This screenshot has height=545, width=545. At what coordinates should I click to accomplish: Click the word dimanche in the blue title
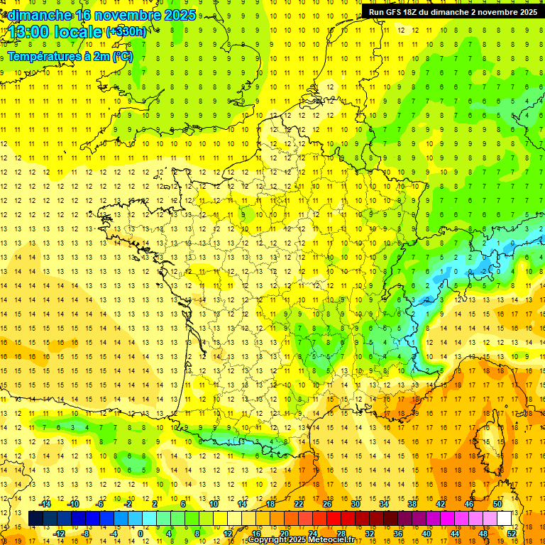point(38,15)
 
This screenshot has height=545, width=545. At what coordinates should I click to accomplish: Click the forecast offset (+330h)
point(126,32)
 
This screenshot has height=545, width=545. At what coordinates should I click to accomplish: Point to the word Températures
point(40,56)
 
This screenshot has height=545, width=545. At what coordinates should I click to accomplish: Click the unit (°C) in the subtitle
point(122,56)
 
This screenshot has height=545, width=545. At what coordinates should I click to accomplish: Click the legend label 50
point(497,504)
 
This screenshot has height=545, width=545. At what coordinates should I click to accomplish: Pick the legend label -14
point(45,504)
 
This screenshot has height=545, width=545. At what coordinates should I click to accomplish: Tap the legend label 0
point(141,534)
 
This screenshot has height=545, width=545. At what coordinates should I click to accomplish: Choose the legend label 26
point(327,504)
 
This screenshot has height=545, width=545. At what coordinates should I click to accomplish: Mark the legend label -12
point(59,534)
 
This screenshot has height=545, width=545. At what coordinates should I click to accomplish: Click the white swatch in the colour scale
point(505,519)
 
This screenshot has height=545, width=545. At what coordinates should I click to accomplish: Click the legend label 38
point(412,504)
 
